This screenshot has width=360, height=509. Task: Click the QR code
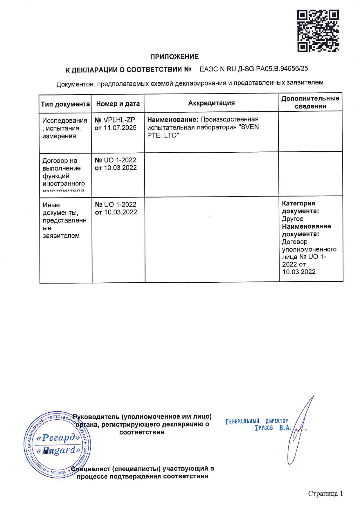[x=318, y=31]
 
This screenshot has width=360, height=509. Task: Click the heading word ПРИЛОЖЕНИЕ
[x=174, y=57]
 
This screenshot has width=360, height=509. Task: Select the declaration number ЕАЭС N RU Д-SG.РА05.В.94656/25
[x=254, y=69]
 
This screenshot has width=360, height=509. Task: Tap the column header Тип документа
[x=65, y=104]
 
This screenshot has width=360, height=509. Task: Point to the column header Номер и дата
[x=118, y=104]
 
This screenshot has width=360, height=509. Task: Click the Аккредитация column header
[x=211, y=103]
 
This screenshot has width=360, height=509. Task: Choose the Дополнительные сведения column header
[x=310, y=102]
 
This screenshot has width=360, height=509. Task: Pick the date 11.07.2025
[x=120, y=128]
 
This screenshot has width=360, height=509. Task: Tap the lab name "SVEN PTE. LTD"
[x=203, y=131]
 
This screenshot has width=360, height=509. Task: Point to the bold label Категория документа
[x=300, y=207]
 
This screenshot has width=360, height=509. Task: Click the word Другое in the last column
[x=293, y=219]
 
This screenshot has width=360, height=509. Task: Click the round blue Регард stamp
[x=57, y=444]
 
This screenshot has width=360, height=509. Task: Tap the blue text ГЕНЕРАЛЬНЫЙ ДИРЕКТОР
[x=257, y=421]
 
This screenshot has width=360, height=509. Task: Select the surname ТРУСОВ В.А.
[x=273, y=428]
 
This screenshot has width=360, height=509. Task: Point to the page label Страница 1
[x=325, y=494]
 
